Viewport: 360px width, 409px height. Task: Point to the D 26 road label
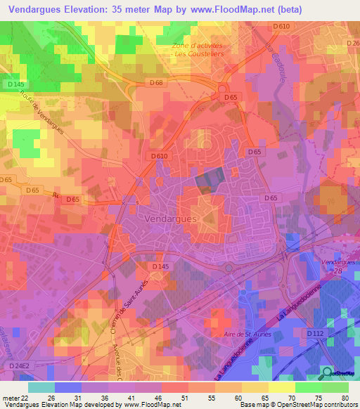point(353,44)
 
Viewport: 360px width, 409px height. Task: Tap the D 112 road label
point(315,332)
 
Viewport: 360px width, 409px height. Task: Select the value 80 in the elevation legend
point(345,398)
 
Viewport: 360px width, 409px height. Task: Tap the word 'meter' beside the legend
point(10,398)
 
